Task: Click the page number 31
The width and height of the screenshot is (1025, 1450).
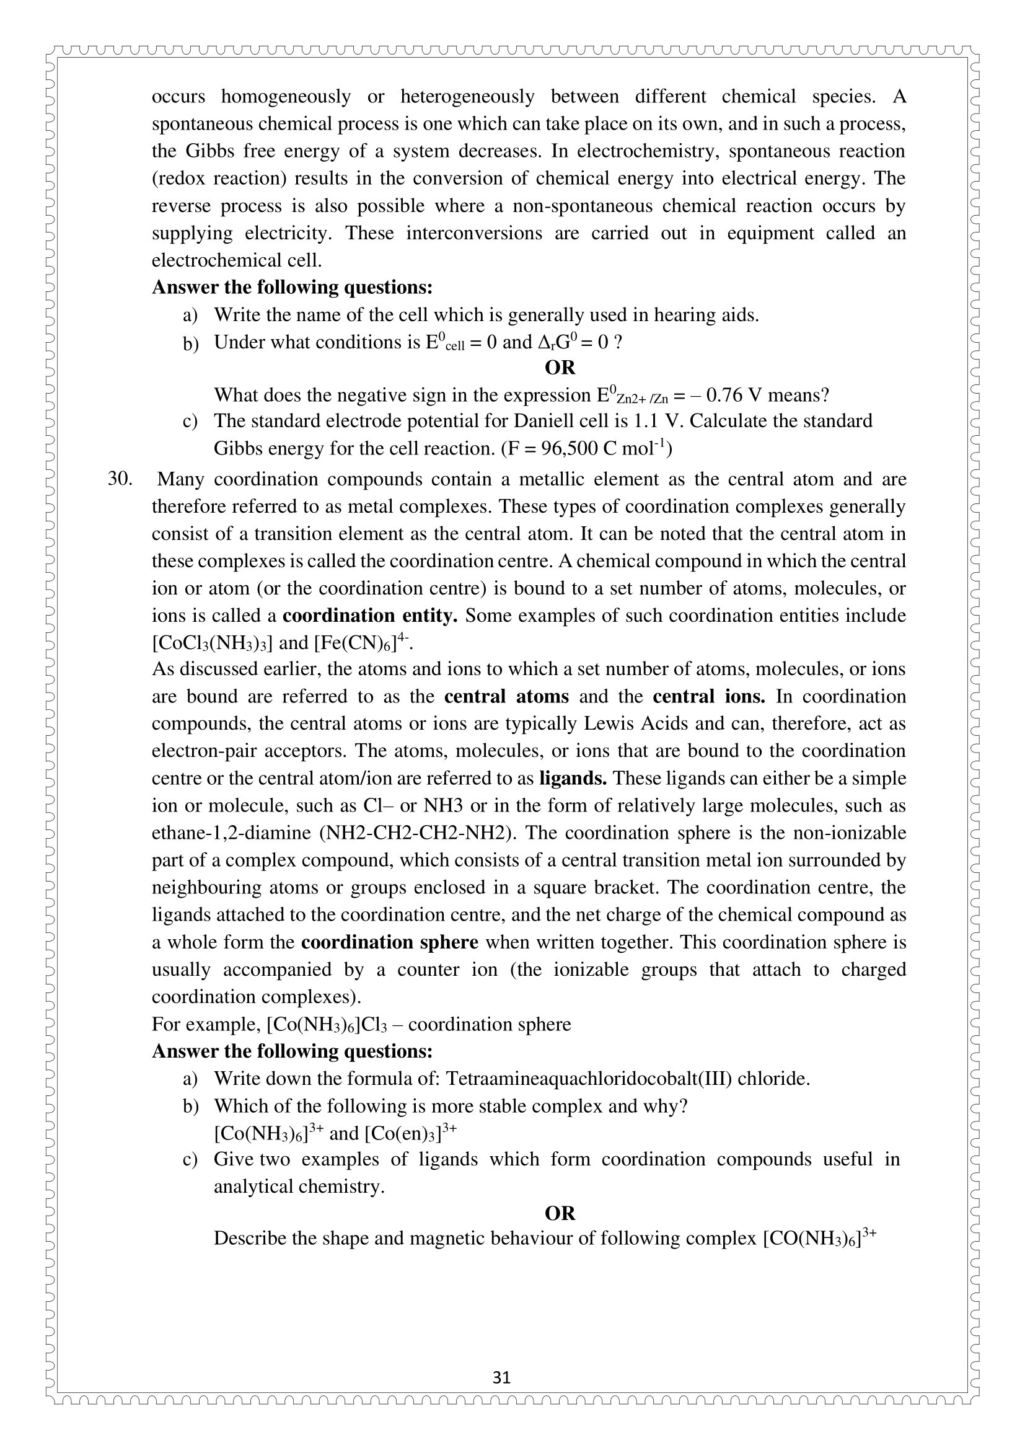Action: click(x=501, y=1377)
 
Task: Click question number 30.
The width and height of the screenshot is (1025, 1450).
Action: click(x=120, y=479)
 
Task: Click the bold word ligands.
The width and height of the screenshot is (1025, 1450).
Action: click(x=573, y=778)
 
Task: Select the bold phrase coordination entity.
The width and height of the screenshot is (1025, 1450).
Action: click(x=370, y=616)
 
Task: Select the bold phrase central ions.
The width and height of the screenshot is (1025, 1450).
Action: click(x=709, y=697)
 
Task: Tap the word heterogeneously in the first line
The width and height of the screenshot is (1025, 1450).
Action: click(x=467, y=97)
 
